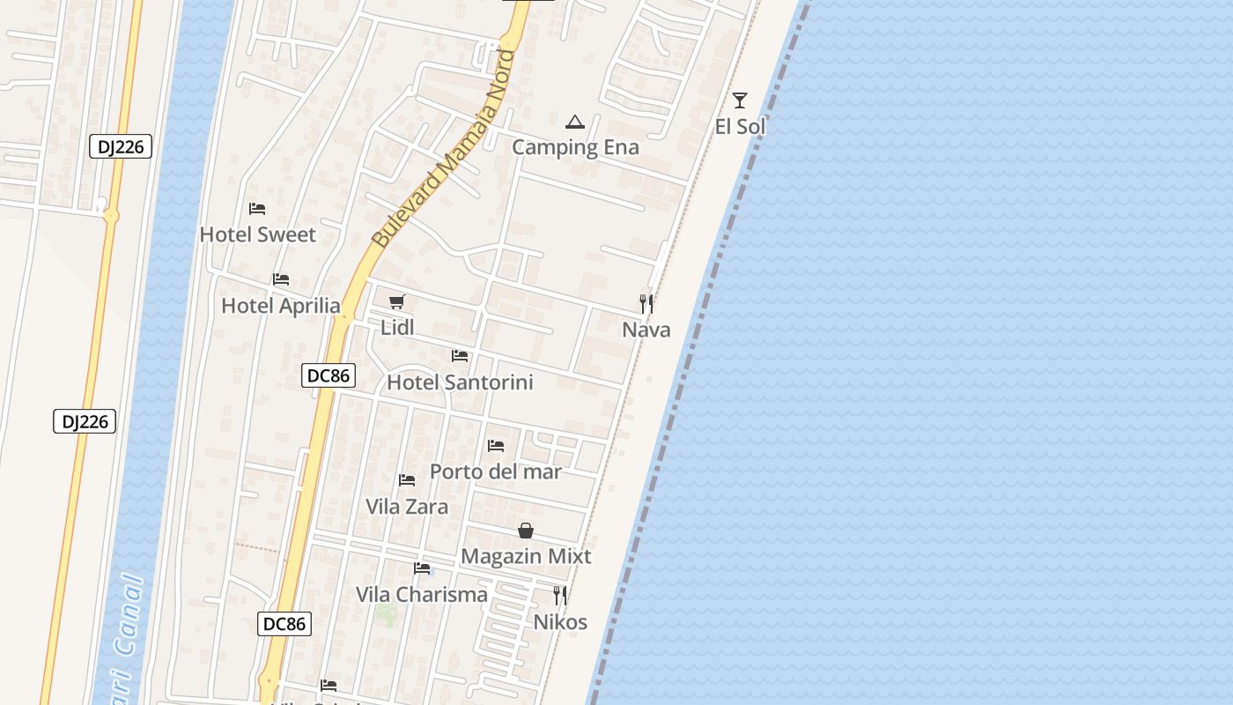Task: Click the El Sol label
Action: (739, 127)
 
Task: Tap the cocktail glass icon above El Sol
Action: (739, 100)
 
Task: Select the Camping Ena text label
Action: (575, 147)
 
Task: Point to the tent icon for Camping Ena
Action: (575, 122)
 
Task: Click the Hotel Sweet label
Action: (257, 234)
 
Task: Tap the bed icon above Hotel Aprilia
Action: (281, 279)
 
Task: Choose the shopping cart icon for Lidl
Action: (396, 302)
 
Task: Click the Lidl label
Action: (397, 328)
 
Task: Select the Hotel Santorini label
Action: (460, 382)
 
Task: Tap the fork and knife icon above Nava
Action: (646, 304)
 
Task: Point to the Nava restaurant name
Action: (646, 330)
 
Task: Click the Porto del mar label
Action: (495, 471)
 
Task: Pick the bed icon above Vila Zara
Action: (407, 480)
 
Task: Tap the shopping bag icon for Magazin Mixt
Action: (526, 531)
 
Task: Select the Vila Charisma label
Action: (421, 595)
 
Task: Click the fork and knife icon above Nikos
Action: (560, 596)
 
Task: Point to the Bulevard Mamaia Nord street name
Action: (443, 149)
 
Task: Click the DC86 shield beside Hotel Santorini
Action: (328, 375)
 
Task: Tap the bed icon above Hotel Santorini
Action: (460, 356)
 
